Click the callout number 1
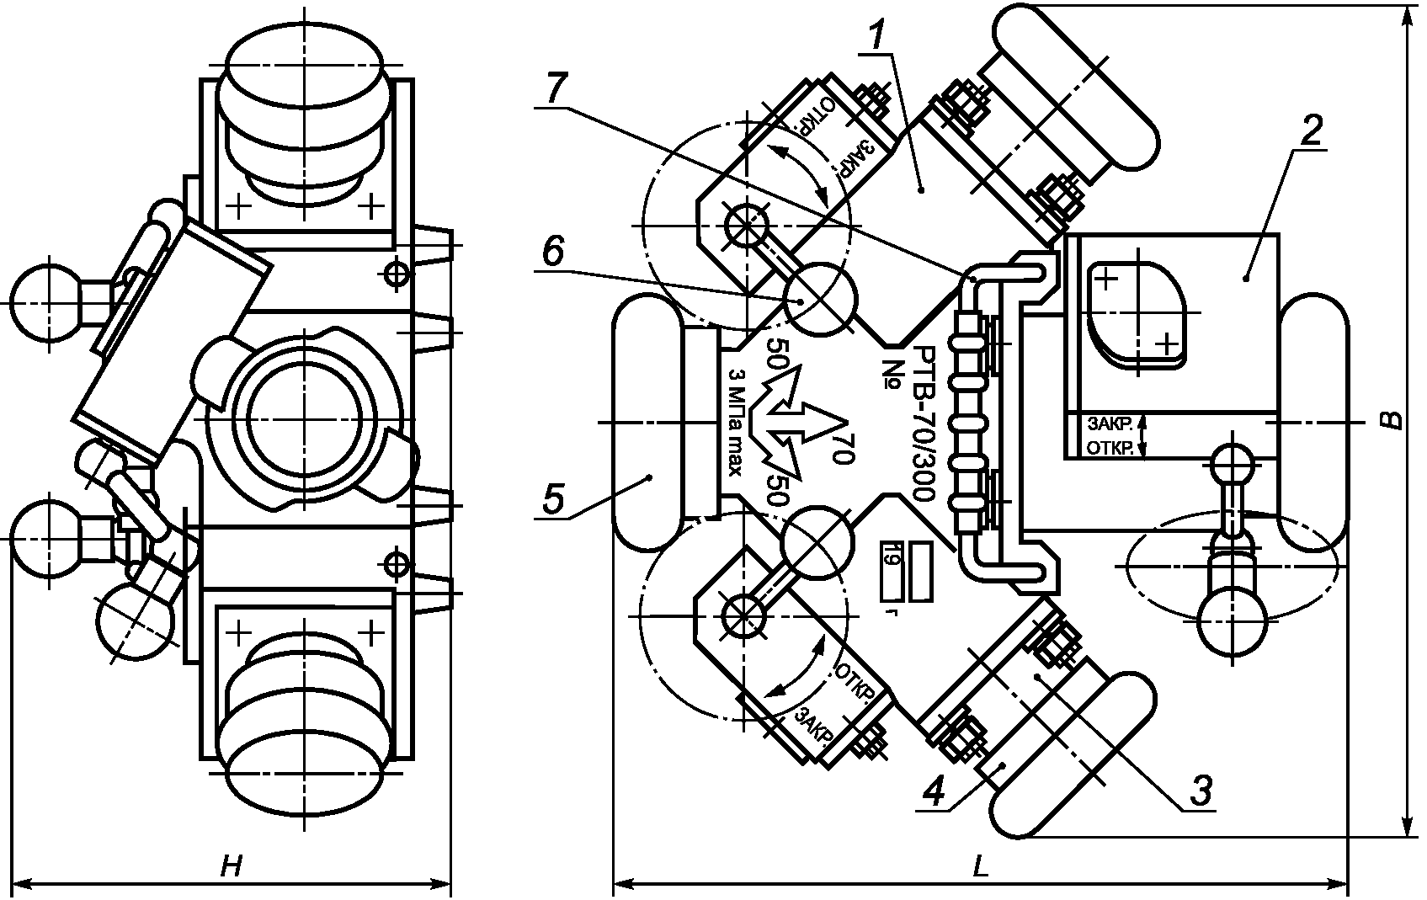coord(879,35)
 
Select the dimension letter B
coord(1393,420)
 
